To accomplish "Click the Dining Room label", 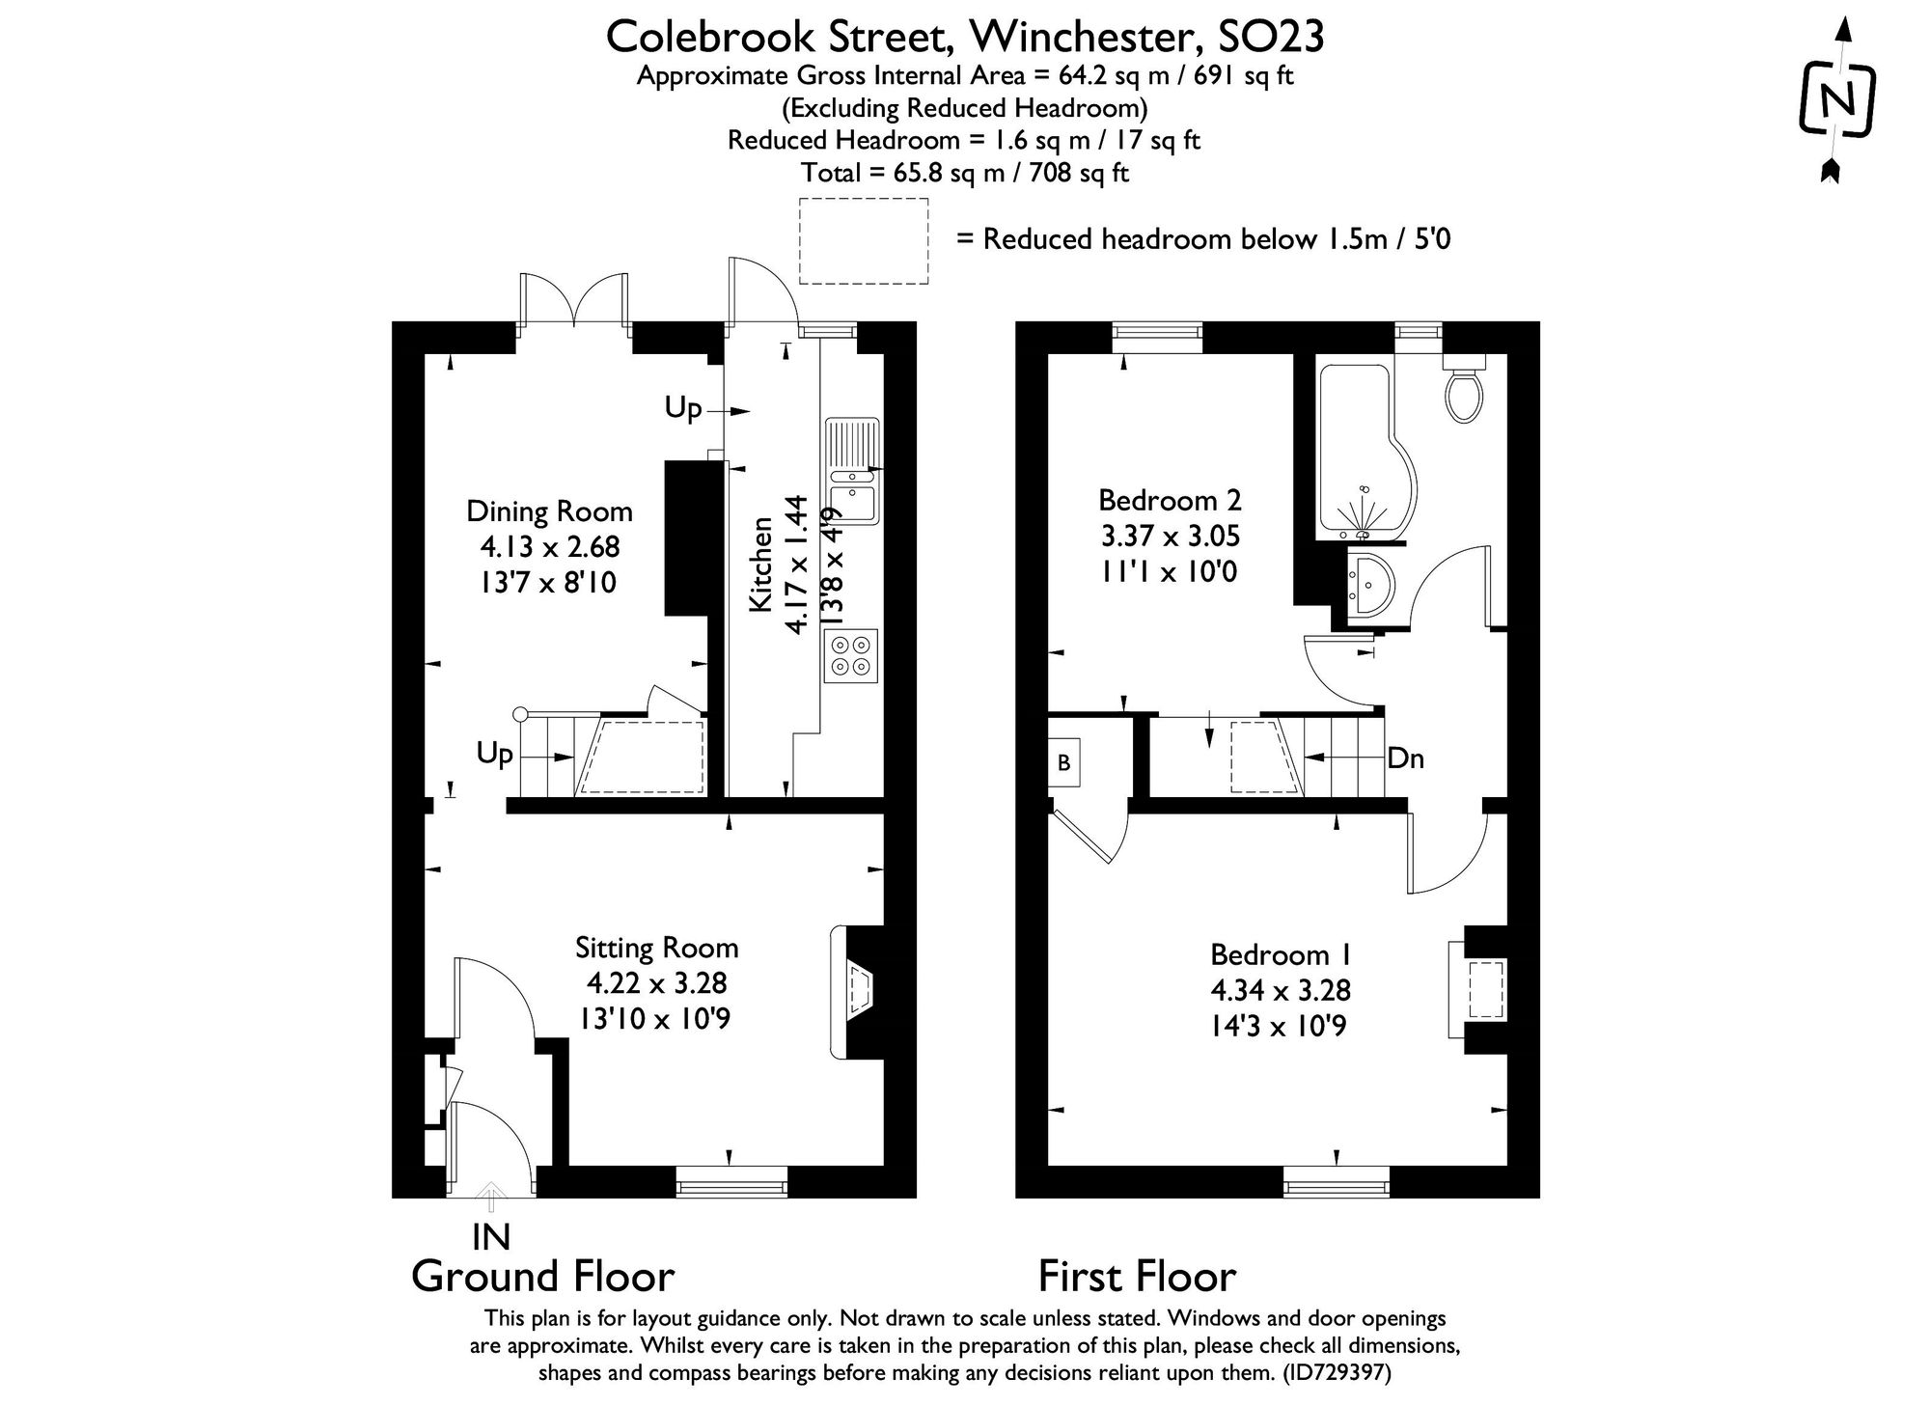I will (x=549, y=511).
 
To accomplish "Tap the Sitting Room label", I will (x=656, y=948).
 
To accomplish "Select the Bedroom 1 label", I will (x=1281, y=954).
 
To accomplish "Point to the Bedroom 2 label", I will (x=1170, y=500).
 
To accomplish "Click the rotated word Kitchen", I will (x=761, y=564).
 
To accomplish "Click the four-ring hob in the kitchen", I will (x=851, y=655).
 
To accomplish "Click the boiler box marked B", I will (x=1064, y=763).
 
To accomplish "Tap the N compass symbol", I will (x=1837, y=100).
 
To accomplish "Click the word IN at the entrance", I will (x=490, y=1236).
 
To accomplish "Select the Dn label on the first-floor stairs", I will (x=1405, y=758).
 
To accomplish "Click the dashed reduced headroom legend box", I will (x=863, y=241).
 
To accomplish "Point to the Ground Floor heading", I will (x=542, y=1277).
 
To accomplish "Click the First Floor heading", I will (x=1137, y=1277).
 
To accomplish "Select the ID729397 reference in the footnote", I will (x=1337, y=1372).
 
